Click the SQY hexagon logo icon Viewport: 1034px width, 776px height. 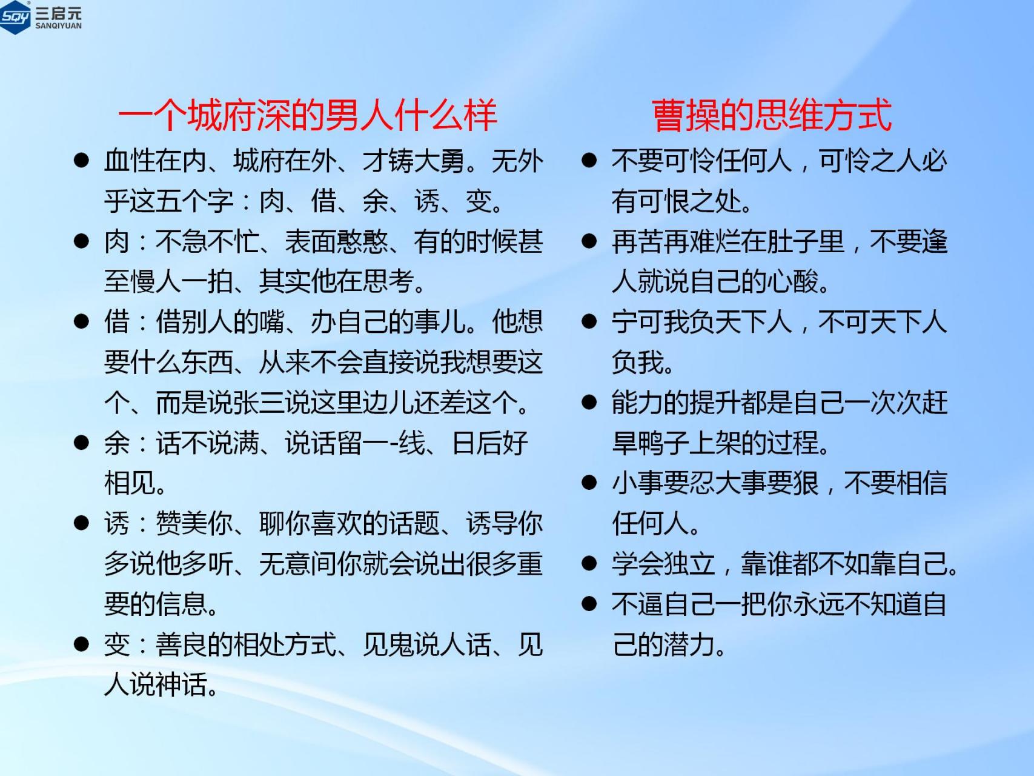coord(15,17)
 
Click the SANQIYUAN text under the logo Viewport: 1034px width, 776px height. coord(58,26)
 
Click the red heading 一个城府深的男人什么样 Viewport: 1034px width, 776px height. coord(308,115)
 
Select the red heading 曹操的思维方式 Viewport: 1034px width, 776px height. coord(772,115)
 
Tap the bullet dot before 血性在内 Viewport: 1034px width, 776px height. coord(81,161)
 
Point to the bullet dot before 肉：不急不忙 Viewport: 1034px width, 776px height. coord(81,241)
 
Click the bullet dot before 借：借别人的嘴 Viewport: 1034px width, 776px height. coord(81,321)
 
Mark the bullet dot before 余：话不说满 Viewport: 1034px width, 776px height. coord(81,443)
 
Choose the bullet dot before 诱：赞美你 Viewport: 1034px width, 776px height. coord(81,523)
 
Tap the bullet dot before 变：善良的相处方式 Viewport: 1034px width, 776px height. coord(81,644)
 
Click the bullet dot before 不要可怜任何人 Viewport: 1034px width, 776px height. coord(589,161)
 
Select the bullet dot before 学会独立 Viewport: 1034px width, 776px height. coord(589,564)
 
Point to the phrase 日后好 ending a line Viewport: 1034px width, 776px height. coord(491,443)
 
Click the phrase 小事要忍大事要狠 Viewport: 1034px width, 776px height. coord(715,483)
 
